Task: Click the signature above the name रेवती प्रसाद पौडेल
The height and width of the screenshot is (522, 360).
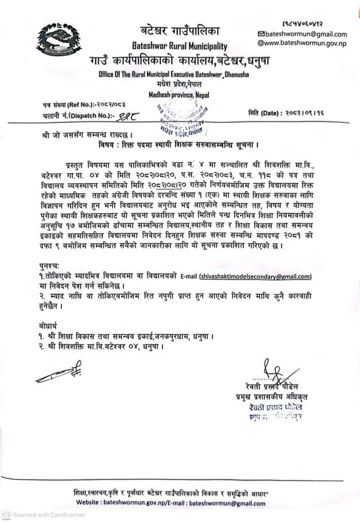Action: point(268,369)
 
